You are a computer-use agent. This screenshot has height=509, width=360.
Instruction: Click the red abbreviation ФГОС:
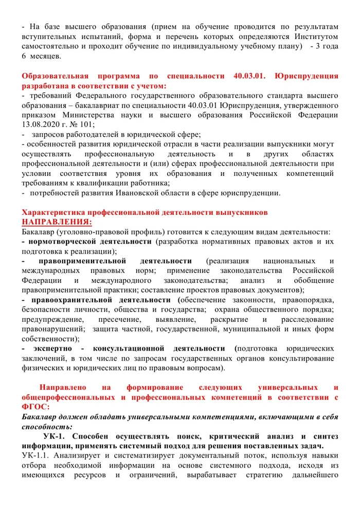pyautogui.click(x=35, y=407)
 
